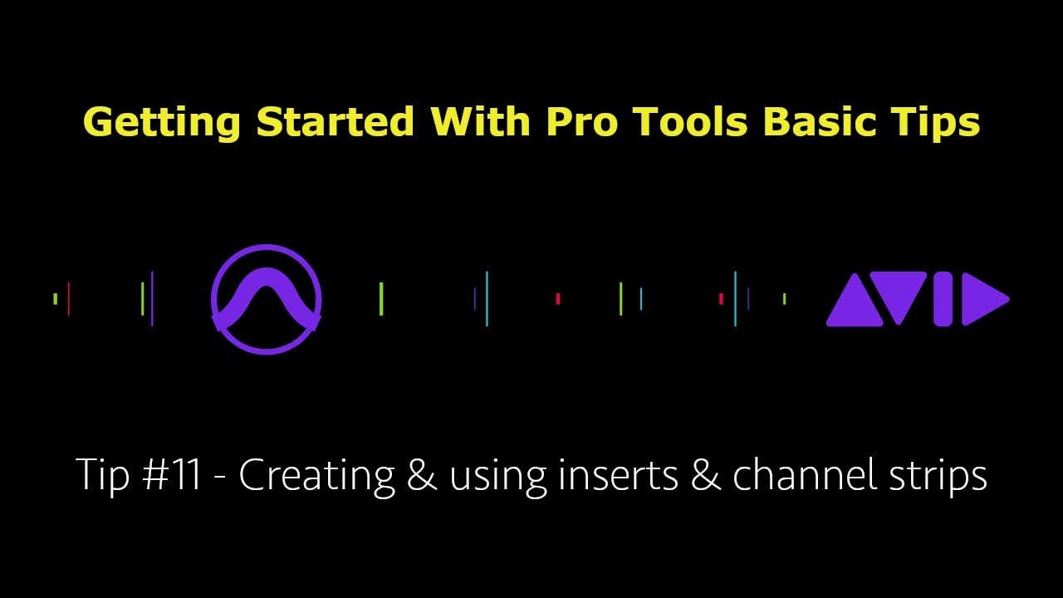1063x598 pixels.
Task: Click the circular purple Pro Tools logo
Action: click(266, 299)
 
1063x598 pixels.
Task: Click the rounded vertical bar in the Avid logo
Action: click(943, 299)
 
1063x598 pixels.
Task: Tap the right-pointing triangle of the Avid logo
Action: click(982, 299)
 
